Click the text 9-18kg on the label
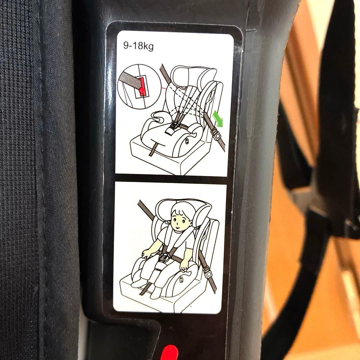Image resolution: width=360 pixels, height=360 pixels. pos(138,46)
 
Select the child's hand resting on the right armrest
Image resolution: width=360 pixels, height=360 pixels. pos(184,265)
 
